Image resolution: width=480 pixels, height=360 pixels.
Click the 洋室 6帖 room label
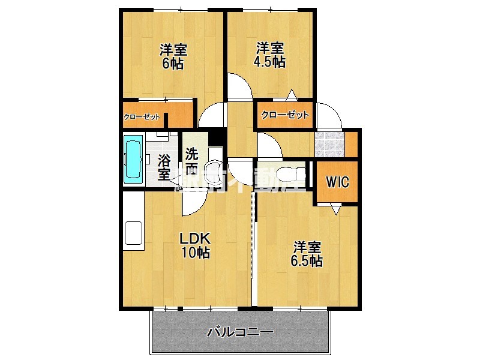172,56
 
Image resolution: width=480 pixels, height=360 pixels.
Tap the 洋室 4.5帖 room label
269,54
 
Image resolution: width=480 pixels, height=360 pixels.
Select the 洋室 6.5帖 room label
307,254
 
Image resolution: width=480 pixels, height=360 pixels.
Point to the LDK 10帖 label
196,245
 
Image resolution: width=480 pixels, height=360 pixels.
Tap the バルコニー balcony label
241,332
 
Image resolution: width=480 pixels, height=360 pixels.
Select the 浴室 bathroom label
164,167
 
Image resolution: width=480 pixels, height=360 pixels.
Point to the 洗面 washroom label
191,161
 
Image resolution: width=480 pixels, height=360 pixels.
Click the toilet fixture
292,175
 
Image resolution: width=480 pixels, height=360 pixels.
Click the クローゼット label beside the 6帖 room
142,117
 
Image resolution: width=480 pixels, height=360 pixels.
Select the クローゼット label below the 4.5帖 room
285,114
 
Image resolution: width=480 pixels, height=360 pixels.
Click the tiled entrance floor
330,144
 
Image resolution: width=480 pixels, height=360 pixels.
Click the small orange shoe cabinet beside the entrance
352,144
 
